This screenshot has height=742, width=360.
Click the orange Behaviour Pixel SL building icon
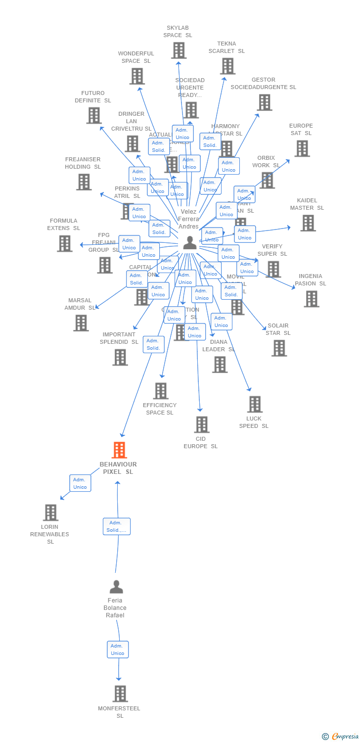(x=119, y=450)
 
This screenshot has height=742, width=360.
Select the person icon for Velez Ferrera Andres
(x=190, y=243)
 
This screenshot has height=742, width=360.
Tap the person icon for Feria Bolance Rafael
(x=116, y=587)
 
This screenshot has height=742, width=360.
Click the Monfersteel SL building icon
(x=120, y=694)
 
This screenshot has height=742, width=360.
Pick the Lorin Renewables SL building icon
(x=51, y=512)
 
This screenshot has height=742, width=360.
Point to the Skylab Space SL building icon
(x=179, y=50)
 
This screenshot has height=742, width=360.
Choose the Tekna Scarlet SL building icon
(x=227, y=66)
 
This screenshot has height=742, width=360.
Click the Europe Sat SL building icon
(x=302, y=148)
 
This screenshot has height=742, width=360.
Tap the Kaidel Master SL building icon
(x=308, y=223)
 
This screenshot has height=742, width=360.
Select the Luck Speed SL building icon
(x=255, y=404)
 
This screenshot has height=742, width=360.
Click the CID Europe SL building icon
(x=201, y=424)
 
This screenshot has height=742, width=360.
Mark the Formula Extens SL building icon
(x=64, y=243)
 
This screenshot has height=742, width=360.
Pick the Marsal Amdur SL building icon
(x=81, y=323)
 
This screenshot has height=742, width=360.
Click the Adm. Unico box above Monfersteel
(x=118, y=649)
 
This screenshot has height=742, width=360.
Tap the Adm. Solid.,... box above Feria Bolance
(x=117, y=526)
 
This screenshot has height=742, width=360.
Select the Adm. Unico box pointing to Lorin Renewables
(x=80, y=483)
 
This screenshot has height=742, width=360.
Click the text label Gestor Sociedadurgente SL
(x=264, y=83)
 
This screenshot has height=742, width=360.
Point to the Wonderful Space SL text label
(x=136, y=57)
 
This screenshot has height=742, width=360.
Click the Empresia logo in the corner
(x=341, y=736)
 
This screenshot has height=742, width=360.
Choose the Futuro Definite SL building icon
(x=94, y=115)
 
